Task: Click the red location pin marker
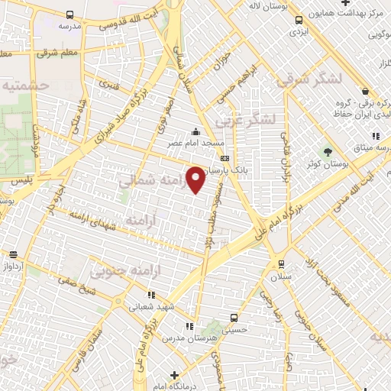(x=196, y=180)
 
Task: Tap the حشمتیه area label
(x=27, y=86)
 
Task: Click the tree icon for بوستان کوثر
(x=328, y=150)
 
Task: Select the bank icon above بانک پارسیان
(x=224, y=158)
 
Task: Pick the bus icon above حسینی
(x=234, y=318)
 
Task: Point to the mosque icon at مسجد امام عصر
(x=198, y=131)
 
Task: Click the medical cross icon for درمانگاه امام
(x=175, y=374)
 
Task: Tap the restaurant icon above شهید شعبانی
(x=150, y=295)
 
